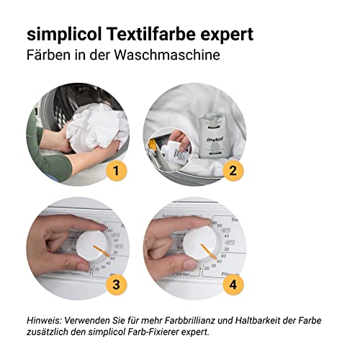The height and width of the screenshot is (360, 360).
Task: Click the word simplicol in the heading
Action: pos(60,35)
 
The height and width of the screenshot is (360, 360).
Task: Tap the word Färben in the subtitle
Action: pos(49,55)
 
